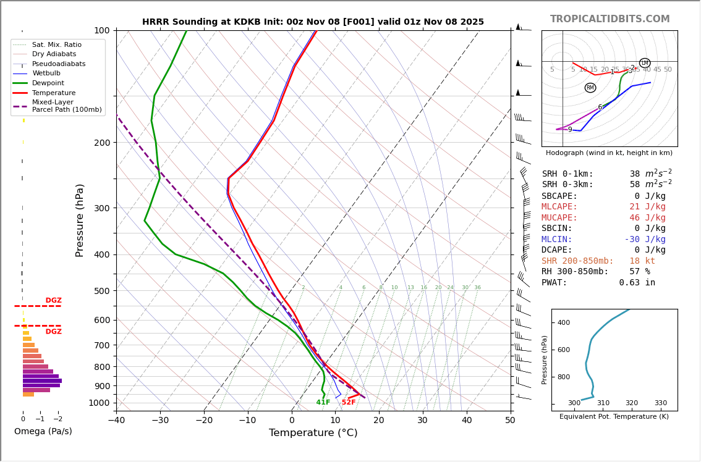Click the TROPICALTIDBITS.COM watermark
(x=610, y=19)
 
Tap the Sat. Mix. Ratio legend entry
(x=56, y=44)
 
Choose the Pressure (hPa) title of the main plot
(x=80, y=220)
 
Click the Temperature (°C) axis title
(x=313, y=433)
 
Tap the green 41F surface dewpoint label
(x=323, y=403)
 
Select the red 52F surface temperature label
(x=349, y=403)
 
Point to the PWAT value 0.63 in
(x=637, y=283)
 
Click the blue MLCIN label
(x=557, y=240)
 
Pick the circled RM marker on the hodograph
(x=590, y=88)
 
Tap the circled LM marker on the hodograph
(x=645, y=63)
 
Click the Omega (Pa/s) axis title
(x=43, y=432)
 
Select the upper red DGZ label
(x=53, y=301)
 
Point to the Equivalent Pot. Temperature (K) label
(x=614, y=417)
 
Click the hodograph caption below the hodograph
(x=609, y=153)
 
